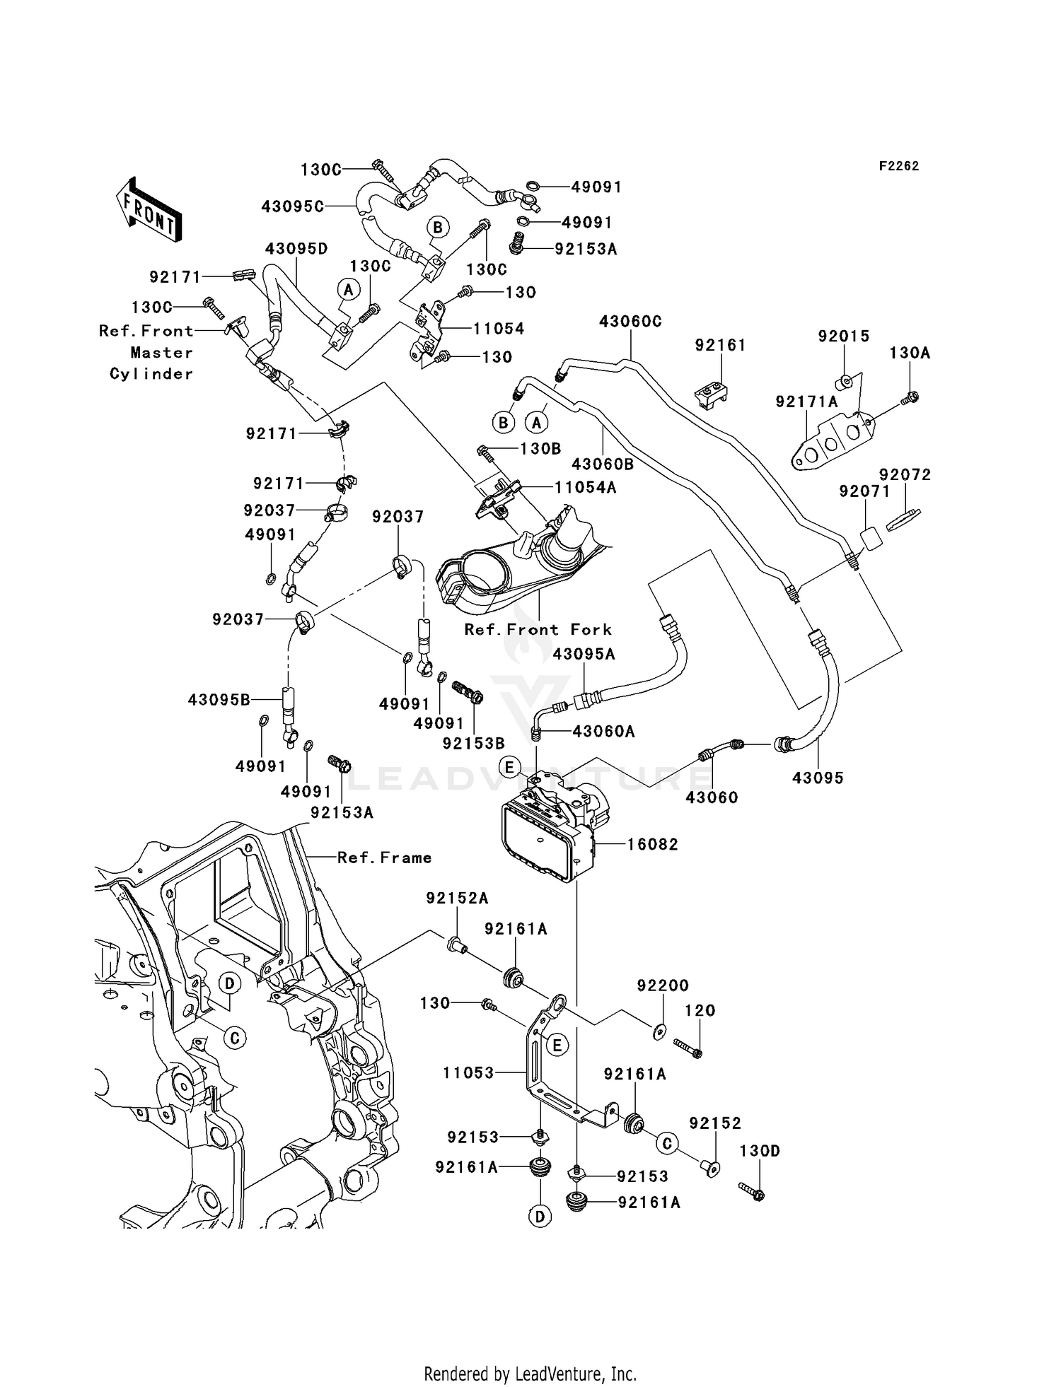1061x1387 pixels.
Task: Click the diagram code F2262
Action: (x=898, y=166)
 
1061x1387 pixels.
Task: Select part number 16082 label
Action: (x=652, y=844)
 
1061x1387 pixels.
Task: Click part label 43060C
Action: (x=630, y=322)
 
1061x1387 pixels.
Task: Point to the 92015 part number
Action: (x=843, y=336)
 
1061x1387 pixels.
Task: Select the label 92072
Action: (x=905, y=475)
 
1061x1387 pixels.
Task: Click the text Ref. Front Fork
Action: (x=538, y=629)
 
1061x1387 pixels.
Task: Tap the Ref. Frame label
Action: (x=384, y=858)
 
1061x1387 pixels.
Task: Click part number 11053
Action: (x=468, y=1073)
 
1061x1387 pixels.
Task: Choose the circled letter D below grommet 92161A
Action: (x=540, y=1217)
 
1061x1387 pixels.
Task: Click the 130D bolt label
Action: (x=759, y=1151)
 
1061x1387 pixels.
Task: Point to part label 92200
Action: (x=662, y=985)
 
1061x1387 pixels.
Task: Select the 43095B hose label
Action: (x=219, y=700)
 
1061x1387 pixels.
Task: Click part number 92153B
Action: (x=473, y=744)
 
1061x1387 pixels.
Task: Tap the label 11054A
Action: (x=584, y=487)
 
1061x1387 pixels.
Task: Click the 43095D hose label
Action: (x=296, y=249)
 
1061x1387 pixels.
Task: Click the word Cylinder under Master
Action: (x=151, y=374)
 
